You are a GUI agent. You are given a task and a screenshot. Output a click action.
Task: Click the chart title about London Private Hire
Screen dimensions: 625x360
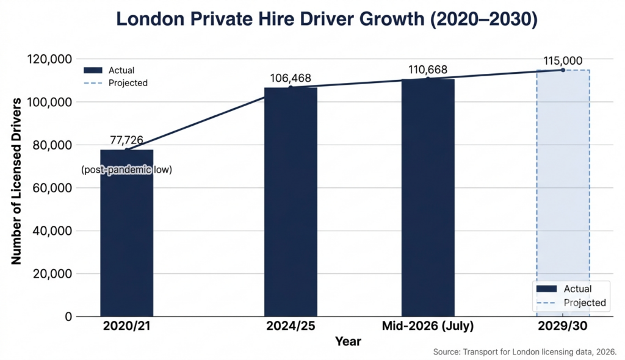point(327,19)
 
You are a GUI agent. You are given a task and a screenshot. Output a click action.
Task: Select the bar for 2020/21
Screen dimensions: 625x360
point(127,233)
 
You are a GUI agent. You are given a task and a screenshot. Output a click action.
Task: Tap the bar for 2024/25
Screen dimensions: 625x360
point(291,202)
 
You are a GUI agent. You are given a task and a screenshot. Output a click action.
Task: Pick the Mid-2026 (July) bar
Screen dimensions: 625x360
point(428,197)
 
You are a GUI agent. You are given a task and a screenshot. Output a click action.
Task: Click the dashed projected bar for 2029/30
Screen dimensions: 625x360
point(563,193)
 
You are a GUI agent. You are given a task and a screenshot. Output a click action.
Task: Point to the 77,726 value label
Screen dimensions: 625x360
point(126,140)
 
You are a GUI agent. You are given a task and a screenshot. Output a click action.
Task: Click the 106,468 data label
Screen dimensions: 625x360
point(290,78)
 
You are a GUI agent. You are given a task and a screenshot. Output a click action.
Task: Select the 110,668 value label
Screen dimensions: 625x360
point(428,70)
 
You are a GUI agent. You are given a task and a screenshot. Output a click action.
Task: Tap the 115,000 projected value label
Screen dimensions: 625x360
point(563,60)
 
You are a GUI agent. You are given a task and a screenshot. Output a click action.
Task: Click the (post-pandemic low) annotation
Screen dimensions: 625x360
point(127,170)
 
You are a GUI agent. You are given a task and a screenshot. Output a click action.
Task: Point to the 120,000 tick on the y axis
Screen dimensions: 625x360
point(49,59)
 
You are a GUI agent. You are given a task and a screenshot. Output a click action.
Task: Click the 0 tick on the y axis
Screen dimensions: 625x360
point(68,317)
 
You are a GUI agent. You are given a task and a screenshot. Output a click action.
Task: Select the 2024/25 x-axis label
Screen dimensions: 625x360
point(291,326)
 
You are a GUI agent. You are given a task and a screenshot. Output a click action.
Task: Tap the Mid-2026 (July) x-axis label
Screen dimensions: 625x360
point(428,326)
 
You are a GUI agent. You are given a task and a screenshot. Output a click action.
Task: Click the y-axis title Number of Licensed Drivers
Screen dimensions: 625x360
point(16,182)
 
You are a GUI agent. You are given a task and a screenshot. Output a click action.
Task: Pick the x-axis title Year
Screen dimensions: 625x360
point(348,341)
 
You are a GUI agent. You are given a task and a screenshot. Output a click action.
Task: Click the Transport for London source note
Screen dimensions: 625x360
point(524,352)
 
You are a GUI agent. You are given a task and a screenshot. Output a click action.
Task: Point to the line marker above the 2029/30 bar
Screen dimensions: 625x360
point(563,70)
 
